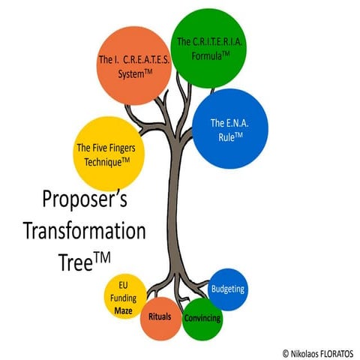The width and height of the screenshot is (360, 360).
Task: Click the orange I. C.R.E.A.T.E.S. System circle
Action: pos(134,66)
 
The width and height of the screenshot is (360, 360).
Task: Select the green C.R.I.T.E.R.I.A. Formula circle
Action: pos(208,48)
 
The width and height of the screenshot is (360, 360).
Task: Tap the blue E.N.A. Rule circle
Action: pos(230,129)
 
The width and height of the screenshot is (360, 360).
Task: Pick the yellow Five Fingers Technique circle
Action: pos(109,154)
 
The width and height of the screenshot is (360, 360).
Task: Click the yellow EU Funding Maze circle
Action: pos(125,296)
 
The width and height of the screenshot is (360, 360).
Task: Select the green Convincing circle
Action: pos(202,319)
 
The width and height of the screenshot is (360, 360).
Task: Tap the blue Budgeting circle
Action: pos(228,289)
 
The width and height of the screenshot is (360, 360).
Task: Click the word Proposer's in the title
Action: pos(85,199)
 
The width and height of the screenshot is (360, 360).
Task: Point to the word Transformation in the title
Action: pos(85,231)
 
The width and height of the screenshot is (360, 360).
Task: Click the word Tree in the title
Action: pos(76,262)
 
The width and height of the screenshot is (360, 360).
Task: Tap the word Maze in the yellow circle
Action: pos(123,310)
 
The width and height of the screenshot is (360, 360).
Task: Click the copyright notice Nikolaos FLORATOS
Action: pos(318,354)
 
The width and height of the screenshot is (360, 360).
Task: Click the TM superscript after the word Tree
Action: pos(102,258)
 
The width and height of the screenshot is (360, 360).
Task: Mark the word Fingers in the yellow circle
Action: pos(121,148)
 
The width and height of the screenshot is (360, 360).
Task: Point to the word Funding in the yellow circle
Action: pos(124,298)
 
